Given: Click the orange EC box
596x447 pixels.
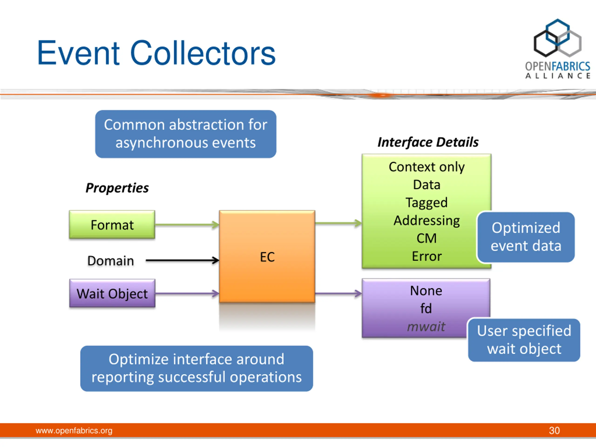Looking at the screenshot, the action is click(x=267, y=256).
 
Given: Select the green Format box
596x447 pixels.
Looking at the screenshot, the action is click(x=112, y=224).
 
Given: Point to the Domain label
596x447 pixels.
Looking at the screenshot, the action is click(x=111, y=261).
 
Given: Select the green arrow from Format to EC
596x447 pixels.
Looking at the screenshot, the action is click(x=187, y=224).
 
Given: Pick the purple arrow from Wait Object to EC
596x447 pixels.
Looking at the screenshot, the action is click(x=187, y=293).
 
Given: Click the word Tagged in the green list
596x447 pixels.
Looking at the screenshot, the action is click(x=427, y=203).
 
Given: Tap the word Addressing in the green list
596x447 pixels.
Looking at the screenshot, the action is click(x=427, y=221).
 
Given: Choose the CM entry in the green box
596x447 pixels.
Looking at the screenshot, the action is click(x=427, y=238).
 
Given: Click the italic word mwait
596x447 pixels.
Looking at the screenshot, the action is click(x=426, y=327).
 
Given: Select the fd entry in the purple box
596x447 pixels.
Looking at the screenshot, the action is click(x=426, y=308).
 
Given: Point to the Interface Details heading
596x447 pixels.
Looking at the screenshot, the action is click(x=428, y=142).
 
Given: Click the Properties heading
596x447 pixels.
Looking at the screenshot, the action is click(x=117, y=188).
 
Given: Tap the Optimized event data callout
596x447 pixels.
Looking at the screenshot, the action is click(x=526, y=237).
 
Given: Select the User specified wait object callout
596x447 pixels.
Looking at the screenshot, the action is click(x=524, y=340).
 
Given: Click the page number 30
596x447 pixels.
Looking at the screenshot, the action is click(x=554, y=430).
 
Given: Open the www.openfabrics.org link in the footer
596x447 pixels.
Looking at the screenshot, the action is click(x=74, y=430).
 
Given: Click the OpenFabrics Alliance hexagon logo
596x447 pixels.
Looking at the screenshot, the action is click(x=558, y=38).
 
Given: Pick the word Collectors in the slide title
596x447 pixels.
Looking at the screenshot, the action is click(x=203, y=53).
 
